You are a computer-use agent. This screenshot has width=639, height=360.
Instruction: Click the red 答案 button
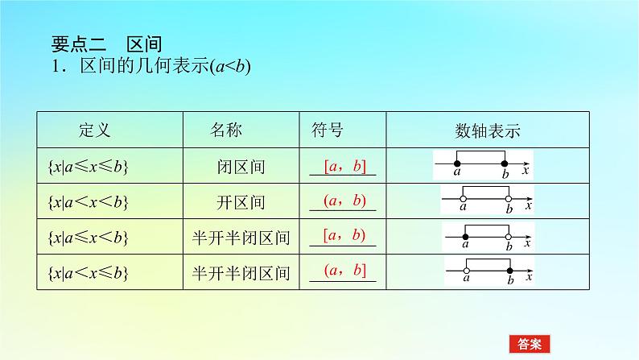pyautogui.click(x=530, y=343)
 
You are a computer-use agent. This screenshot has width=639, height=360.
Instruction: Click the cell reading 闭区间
pyautogui.click(x=241, y=167)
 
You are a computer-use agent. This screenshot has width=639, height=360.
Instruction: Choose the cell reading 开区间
pyautogui.click(x=241, y=202)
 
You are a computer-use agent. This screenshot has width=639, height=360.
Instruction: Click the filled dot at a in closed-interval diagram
pyautogui.click(x=456, y=163)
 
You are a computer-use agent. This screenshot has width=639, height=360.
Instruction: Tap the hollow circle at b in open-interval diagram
pyautogui.click(x=509, y=198)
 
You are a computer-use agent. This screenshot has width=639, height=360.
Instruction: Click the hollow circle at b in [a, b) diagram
pyautogui.click(x=509, y=236)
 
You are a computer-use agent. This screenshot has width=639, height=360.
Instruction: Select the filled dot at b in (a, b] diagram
pyautogui.click(x=510, y=271)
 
